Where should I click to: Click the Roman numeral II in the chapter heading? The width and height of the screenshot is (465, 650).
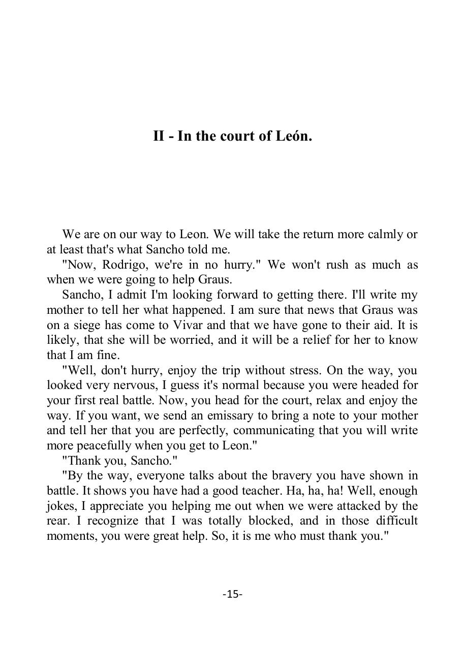click(x=159, y=136)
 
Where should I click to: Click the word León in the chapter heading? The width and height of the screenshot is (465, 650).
click(x=293, y=136)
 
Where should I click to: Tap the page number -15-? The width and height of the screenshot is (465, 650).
click(x=232, y=594)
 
